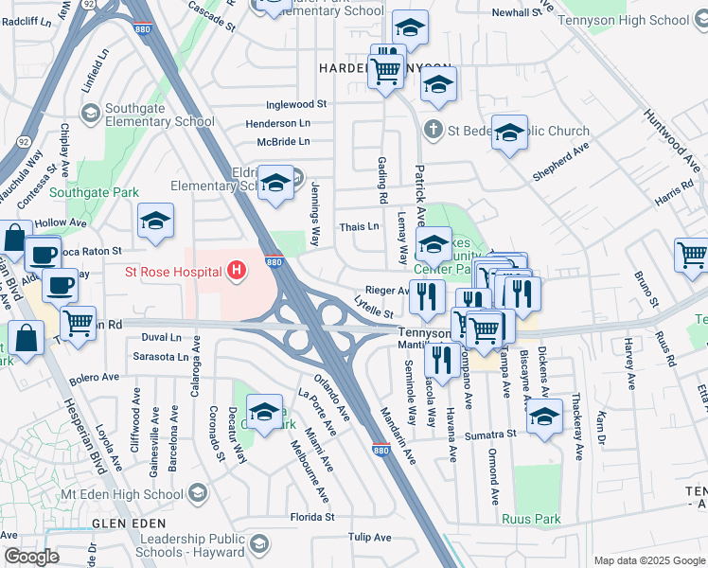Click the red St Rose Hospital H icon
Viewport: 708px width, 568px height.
238,273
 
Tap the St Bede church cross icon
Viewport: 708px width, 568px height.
434,129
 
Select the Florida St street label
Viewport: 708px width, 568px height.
312,517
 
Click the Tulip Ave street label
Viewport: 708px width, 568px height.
369,537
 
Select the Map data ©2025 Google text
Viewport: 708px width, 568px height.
649,560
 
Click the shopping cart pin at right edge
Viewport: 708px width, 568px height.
692,255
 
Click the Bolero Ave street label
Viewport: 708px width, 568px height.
93,377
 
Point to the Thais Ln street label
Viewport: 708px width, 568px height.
359,227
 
